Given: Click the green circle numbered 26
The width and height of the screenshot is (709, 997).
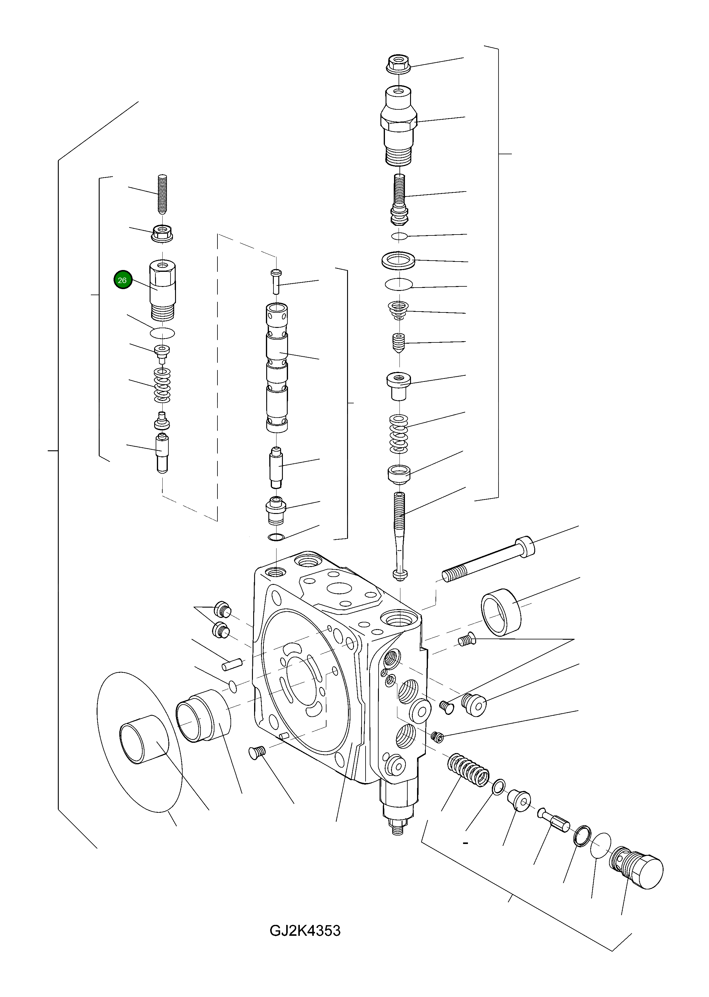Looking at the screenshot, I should (x=122, y=280).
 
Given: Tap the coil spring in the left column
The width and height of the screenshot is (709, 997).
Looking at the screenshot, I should (x=162, y=385).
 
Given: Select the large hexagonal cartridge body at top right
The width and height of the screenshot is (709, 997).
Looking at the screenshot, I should (x=398, y=127).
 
